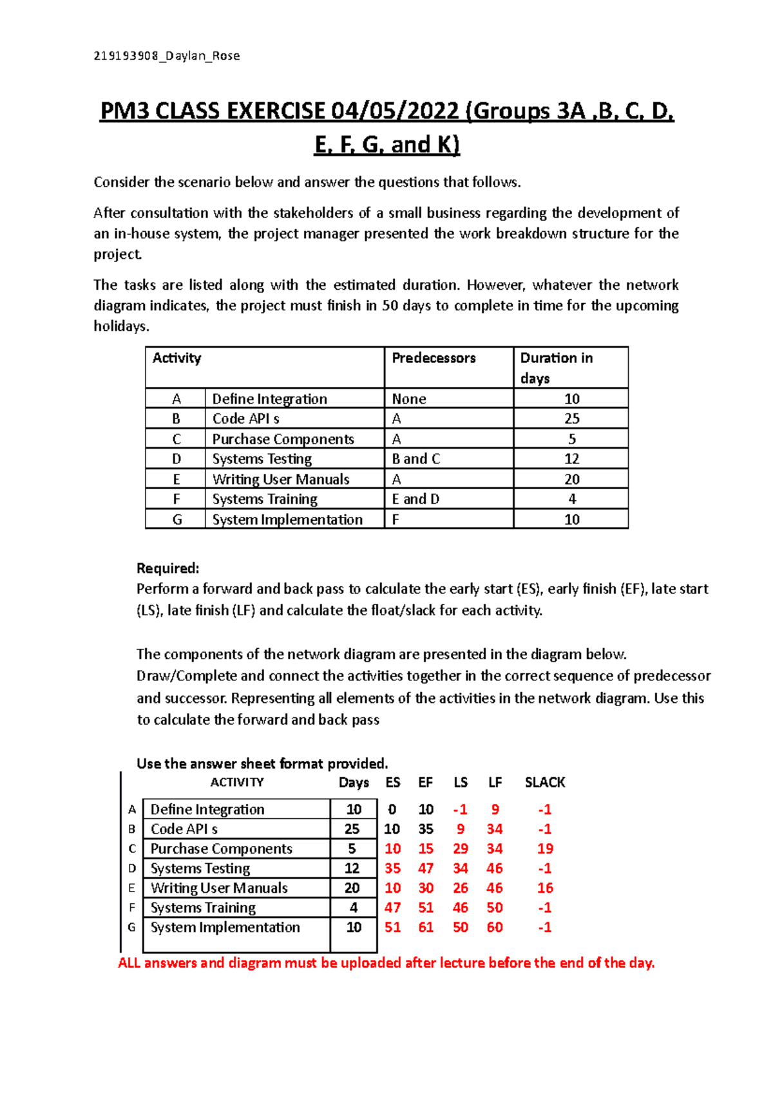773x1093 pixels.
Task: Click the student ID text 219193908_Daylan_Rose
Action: click(167, 56)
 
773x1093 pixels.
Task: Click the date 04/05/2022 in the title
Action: click(396, 111)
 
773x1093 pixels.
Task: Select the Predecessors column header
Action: click(434, 358)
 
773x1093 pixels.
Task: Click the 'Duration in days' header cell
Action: click(557, 368)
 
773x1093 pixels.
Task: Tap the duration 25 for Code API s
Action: click(571, 418)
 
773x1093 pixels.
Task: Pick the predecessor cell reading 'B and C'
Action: click(415, 459)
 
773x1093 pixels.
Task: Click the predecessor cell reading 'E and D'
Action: click(415, 499)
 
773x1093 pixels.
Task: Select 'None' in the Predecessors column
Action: click(409, 399)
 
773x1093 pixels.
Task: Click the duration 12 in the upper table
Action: click(571, 459)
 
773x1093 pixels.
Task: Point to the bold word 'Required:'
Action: click(168, 568)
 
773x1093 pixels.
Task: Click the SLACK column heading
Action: click(544, 782)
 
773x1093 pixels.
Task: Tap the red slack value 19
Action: click(545, 848)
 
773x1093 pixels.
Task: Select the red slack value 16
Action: click(545, 888)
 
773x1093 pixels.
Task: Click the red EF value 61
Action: click(426, 927)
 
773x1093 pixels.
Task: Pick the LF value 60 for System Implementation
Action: click(494, 927)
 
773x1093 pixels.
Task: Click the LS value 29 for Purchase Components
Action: click(460, 848)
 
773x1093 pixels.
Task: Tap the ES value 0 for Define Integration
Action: click(392, 809)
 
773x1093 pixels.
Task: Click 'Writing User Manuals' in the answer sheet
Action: click(219, 888)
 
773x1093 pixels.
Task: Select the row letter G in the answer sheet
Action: click(131, 927)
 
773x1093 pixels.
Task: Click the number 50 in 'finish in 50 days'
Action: click(390, 306)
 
